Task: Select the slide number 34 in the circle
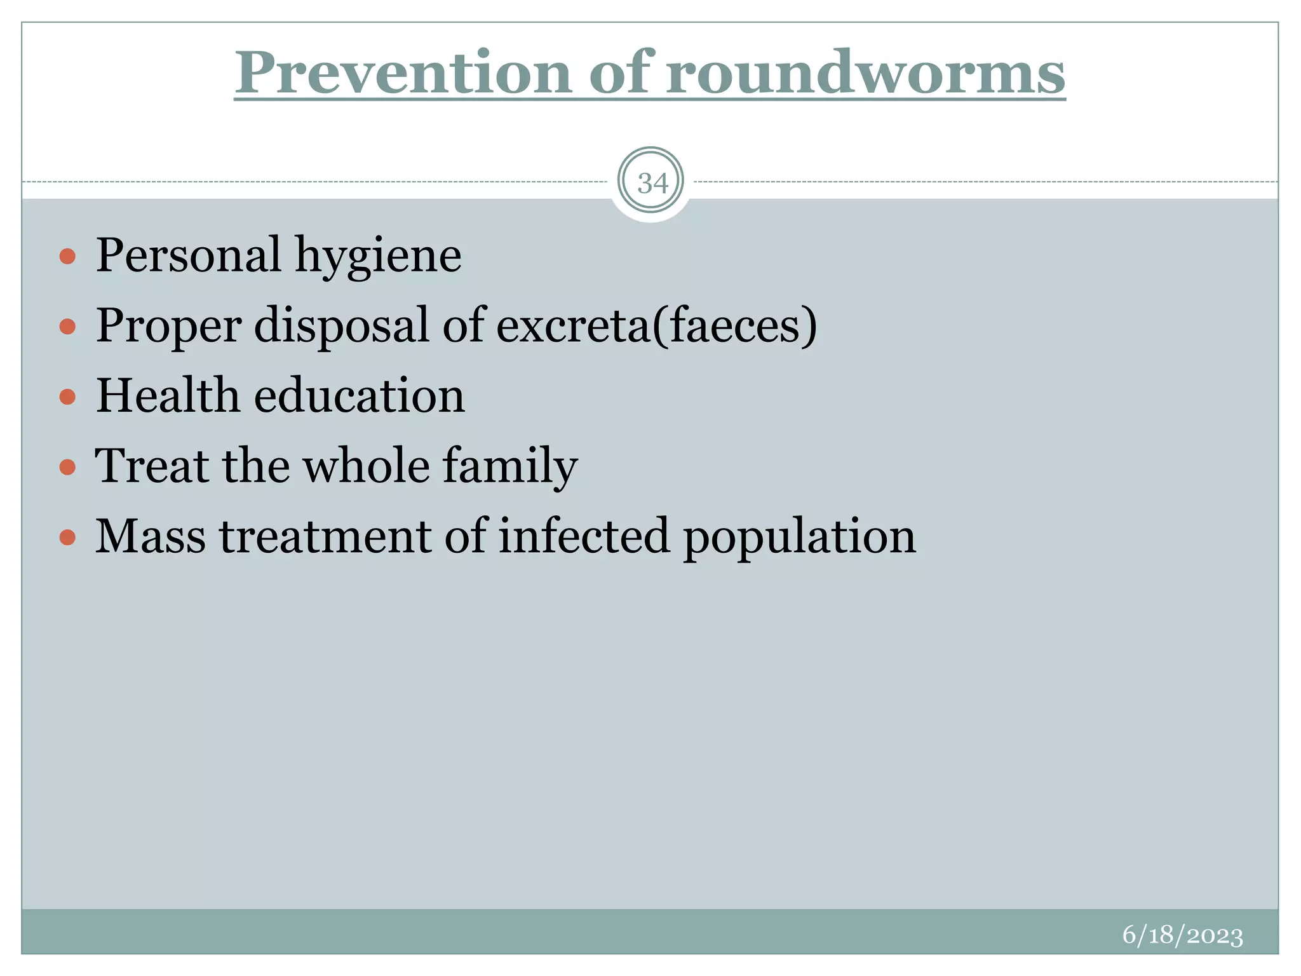(x=652, y=183)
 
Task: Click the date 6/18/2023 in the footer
(x=1182, y=935)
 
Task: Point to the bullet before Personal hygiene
(x=67, y=257)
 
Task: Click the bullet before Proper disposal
(x=67, y=327)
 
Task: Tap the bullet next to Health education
(x=67, y=397)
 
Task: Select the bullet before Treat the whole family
(x=67, y=468)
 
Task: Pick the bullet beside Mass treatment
(x=67, y=538)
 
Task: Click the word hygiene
(x=378, y=255)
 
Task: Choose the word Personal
(x=188, y=255)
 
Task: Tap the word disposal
(x=342, y=325)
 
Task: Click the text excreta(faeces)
(x=656, y=325)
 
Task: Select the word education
(x=360, y=395)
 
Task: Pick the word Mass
(x=151, y=536)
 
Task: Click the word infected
(x=584, y=536)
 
